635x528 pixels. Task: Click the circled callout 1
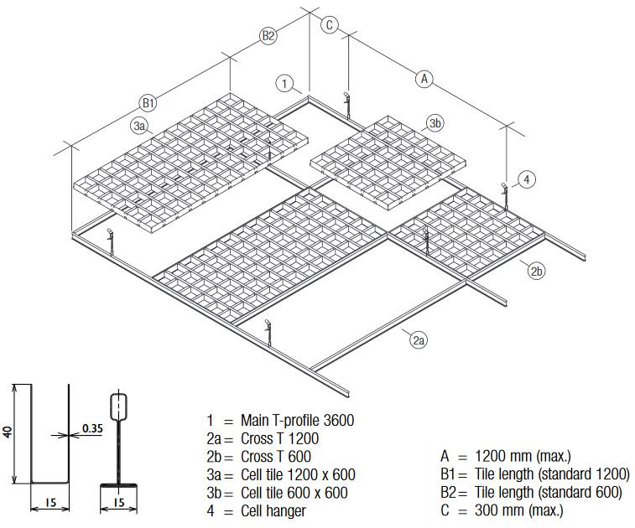tap(286, 83)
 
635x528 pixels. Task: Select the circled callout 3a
tap(140, 126)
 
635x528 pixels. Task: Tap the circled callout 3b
tap(435, 123)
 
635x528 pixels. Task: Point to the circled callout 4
tap(526, 179)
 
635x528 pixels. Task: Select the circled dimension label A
tap(424, 79)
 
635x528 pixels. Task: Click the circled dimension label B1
tap(148, 103)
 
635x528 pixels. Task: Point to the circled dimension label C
tap(330, 24)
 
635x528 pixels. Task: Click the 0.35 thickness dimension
tap(92, 429)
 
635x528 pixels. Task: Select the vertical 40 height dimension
tap(8, 433)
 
